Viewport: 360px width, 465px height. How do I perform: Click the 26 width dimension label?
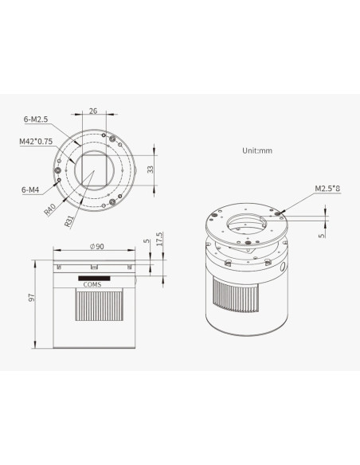93,111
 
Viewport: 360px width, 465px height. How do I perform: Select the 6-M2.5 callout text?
36,119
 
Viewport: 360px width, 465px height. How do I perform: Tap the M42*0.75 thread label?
36,141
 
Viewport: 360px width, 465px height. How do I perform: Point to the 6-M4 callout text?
30,190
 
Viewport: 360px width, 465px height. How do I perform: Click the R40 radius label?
50,209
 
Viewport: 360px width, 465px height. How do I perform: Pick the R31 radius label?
68,221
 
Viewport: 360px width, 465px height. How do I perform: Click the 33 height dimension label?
151,170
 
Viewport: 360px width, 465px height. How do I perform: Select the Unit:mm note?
257,150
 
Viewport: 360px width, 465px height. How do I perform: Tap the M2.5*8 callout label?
327,189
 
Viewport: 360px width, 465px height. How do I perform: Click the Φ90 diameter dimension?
97,247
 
